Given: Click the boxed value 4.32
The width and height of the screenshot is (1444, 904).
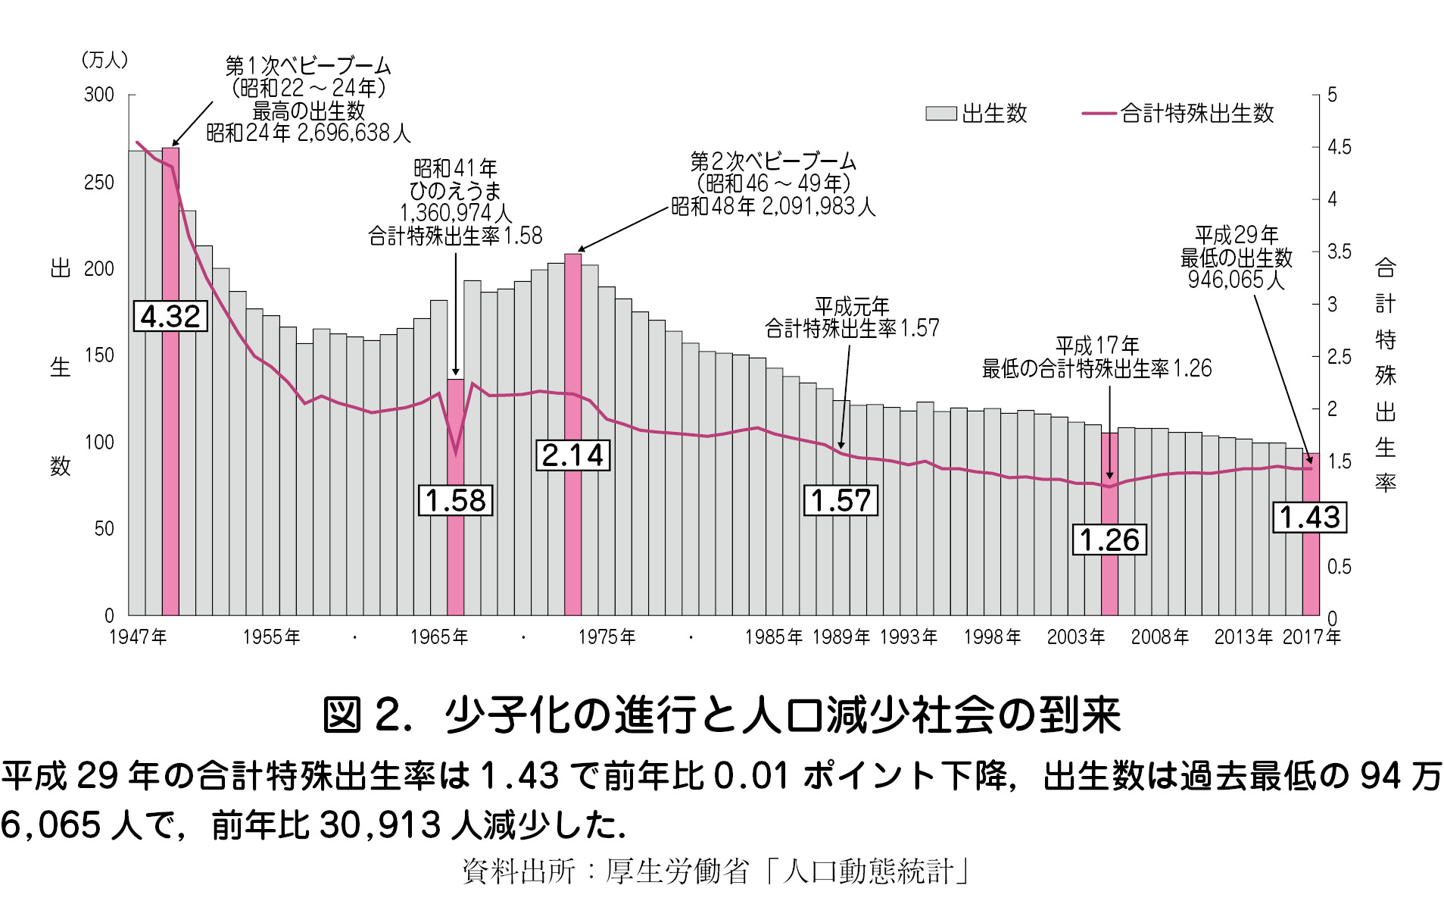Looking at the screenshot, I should coord(170,316).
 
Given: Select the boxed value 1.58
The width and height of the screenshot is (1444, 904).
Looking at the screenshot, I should coord(455,500).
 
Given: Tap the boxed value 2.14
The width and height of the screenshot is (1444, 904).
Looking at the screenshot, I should coord(572,455).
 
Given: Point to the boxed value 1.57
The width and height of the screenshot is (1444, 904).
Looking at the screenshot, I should coord(841,500).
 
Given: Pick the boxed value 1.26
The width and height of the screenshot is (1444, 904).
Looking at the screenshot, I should coord(1109,540).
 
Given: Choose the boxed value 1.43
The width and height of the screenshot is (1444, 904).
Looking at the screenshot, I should coord(1310,517).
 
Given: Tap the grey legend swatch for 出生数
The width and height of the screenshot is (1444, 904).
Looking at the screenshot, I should coord(940,114).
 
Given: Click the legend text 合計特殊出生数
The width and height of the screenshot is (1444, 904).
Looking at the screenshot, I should coord(1197,114).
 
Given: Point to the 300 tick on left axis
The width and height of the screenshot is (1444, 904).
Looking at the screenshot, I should coord(99,95).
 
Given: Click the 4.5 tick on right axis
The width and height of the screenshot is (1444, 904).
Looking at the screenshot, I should coord(1339,147).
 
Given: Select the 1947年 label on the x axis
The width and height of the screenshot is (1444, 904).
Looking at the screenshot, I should coord(138,637).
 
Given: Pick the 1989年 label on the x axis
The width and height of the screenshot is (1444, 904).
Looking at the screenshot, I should coord(841,637).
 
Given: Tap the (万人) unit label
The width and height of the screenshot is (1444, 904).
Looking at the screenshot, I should coord(104,60).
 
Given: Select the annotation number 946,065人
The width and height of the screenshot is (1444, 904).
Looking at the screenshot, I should coord(1236,280).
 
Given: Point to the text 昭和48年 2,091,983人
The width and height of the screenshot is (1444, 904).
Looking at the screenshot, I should coord(773,206).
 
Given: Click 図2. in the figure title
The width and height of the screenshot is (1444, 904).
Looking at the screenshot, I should coord(367,715).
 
